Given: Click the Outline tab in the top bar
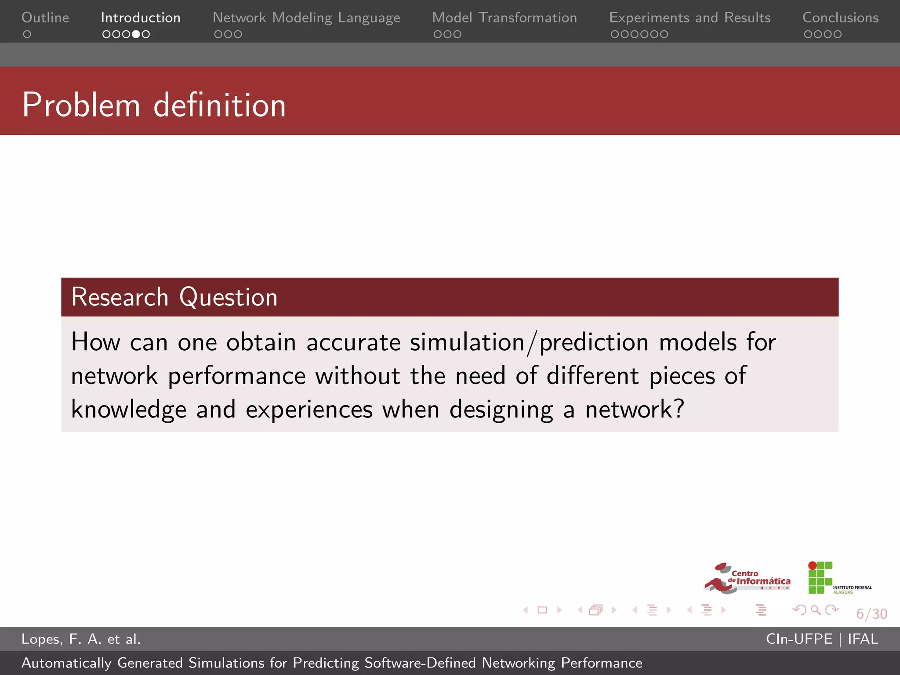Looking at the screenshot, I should [45, 18].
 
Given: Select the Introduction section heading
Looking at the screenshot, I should [141, 18].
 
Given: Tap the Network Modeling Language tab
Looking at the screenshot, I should [306, 18].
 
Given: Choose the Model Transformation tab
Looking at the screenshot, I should [504, 18].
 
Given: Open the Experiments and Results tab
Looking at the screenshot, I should [690, 18].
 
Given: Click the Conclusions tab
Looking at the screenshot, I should [840, 18].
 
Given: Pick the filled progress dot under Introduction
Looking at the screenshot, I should [136, 34].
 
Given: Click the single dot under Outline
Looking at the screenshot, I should [27, 34].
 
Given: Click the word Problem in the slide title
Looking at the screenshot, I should [81, 105].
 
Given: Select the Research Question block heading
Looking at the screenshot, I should [174, 297].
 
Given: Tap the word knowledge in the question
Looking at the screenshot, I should [129, 410].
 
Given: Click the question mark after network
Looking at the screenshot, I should [679, 409].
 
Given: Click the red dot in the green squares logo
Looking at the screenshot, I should [813, 566].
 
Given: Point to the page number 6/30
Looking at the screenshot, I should [871, 614].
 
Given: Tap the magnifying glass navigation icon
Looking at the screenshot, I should [816, 610].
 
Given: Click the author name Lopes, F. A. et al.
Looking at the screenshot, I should [81, 639].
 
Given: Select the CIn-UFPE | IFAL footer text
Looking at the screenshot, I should [822, 639].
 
